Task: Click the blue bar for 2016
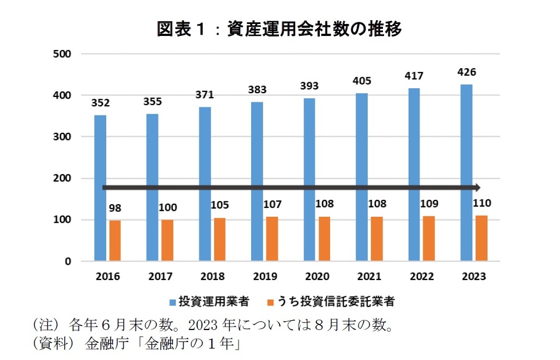(100, 188)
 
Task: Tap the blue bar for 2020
(309, 180)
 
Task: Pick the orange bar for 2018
(220, 240)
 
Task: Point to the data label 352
(100, 103)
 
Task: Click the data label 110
(482, 204)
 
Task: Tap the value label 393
(309, 87)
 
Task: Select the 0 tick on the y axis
(68, 261)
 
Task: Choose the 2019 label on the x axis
(265, 277)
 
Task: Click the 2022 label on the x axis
(422, 277)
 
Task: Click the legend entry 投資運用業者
(213, 301)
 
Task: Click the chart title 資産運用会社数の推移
(314, 28)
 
